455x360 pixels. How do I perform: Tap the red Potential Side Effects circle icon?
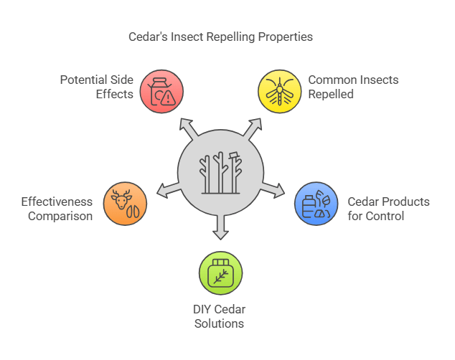(x=162, y=91)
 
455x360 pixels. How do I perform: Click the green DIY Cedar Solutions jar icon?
(x=220, y=273)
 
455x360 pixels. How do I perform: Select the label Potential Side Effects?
(x=97, y=86)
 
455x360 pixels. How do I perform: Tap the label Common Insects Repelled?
(x=343, y=86)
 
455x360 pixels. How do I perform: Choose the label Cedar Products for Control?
(x=388, y=209)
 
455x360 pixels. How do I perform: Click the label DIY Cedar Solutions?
(x=220, y=316)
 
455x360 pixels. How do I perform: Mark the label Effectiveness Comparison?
(x=57, y=209)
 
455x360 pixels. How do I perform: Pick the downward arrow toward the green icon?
(x=220, y=229)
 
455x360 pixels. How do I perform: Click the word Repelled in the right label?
(x=331, y=93)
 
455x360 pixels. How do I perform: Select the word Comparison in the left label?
(x=60, y=216)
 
